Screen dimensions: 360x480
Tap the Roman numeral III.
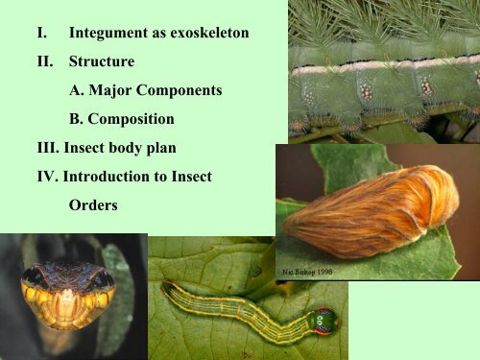pyautogui.click(x=45, y=149)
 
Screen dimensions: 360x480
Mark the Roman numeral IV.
pyautogui.click(x=44, y=177)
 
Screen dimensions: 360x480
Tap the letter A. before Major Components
pyautogui.click(x=79, y=91)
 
